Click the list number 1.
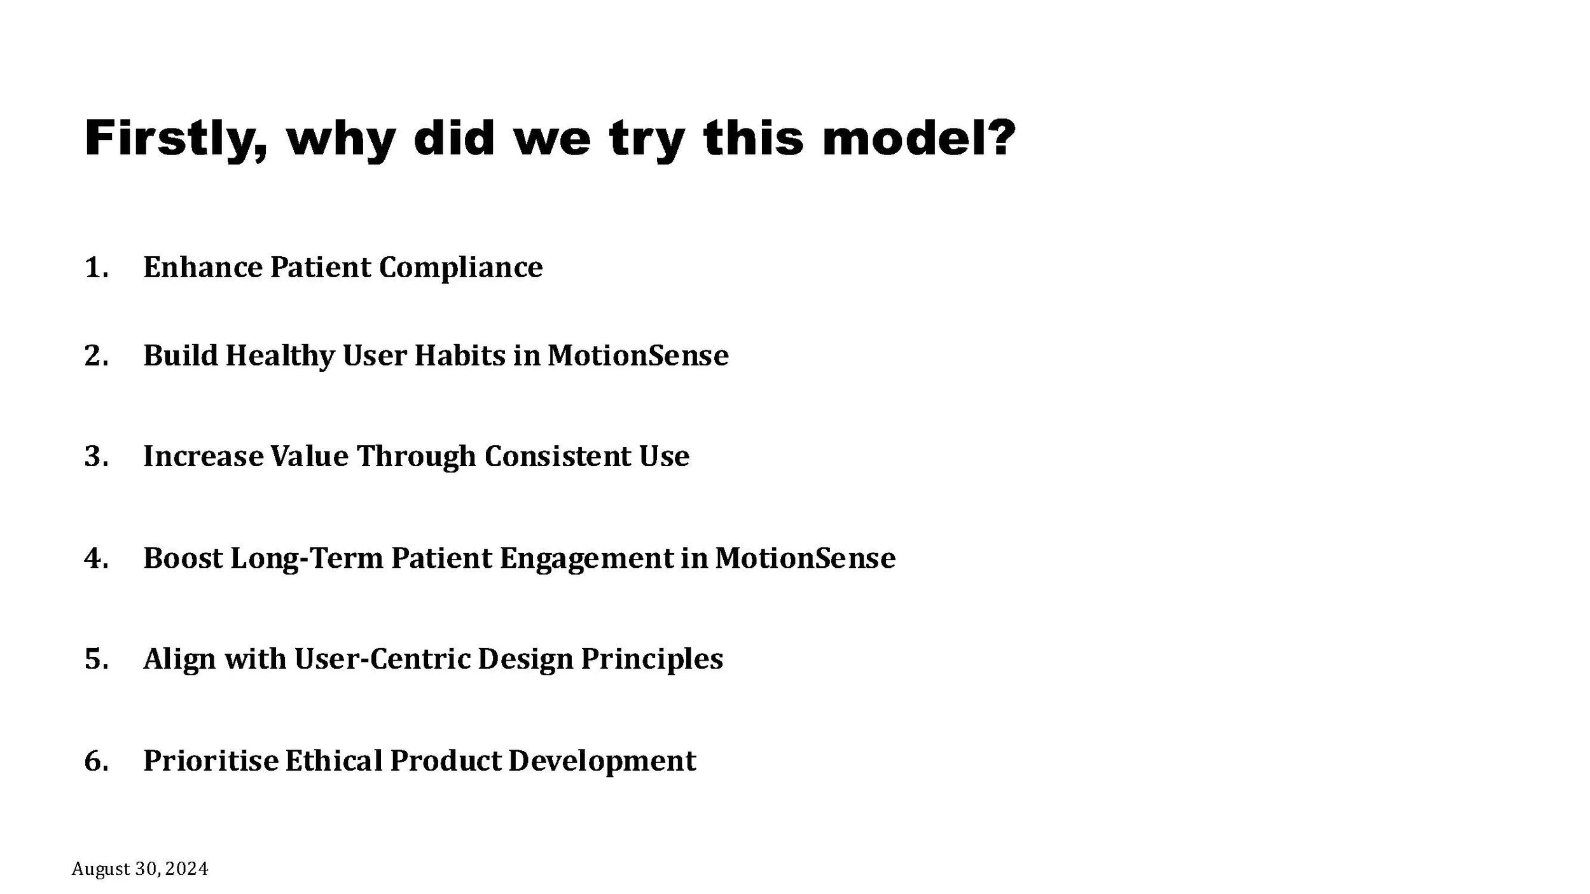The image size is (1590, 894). coord(95,268)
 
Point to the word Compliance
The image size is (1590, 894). coord(460,268)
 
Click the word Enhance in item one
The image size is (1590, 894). coord(202,268)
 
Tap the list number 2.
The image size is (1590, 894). coord(95,355)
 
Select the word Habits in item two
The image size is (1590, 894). coord(460,355)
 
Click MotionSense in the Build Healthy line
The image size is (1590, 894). coord(637,355)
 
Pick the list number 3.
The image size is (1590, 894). coord(95,457)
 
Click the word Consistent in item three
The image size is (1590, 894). coord(557,457)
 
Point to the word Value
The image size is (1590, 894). coord(309,457)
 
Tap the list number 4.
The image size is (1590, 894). coord(95,558)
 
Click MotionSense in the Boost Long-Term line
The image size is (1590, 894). coord(805,558)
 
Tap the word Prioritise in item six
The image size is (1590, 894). coord(211,760)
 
